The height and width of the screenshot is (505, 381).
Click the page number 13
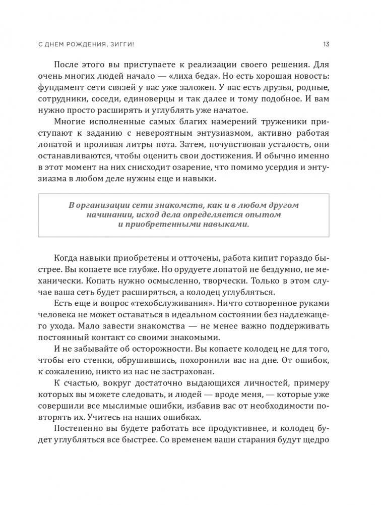326,44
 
